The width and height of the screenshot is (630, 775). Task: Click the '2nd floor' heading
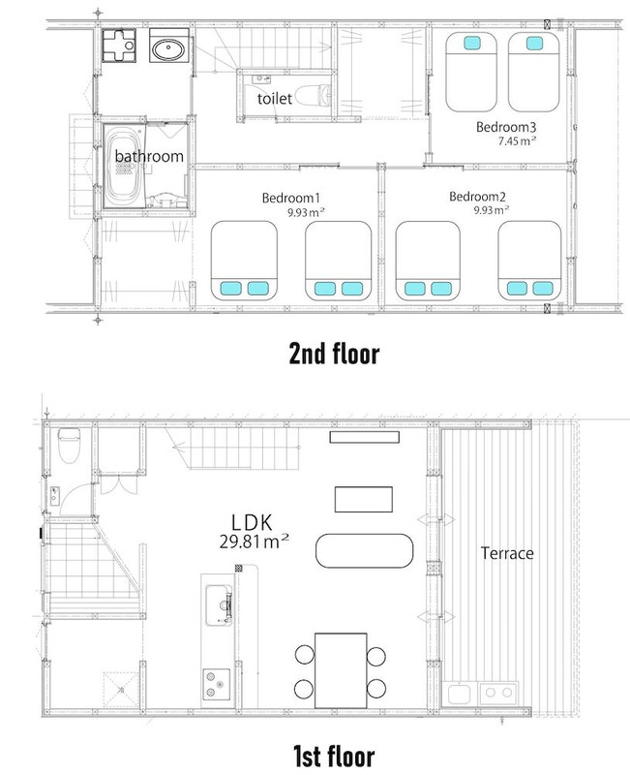[334, 354]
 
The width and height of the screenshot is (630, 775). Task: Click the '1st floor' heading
[334, 756]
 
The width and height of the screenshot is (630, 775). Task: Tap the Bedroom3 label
[505, 127]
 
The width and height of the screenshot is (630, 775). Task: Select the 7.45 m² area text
[517, 140]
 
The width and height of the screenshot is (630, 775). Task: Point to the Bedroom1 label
[291, 199]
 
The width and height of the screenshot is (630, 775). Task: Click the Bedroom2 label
[477, 197]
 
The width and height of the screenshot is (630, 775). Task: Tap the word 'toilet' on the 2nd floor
[275, 99]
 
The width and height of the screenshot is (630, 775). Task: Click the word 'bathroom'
[149, 156]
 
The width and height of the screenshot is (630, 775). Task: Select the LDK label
[252, 522]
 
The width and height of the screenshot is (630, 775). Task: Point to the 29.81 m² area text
[255, 542]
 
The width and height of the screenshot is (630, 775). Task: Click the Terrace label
[507, 553]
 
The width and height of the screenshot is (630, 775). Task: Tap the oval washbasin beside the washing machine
[168, 50]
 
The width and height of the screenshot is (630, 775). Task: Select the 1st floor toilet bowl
[69, 445]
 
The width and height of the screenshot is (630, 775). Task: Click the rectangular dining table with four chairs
[341, 670]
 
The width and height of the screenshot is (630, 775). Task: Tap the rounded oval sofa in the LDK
[364, 550]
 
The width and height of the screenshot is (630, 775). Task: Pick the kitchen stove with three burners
[216, 684]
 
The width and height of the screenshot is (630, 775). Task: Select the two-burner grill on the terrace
[498, 694]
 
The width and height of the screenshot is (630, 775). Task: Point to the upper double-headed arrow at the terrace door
[435, 519]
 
